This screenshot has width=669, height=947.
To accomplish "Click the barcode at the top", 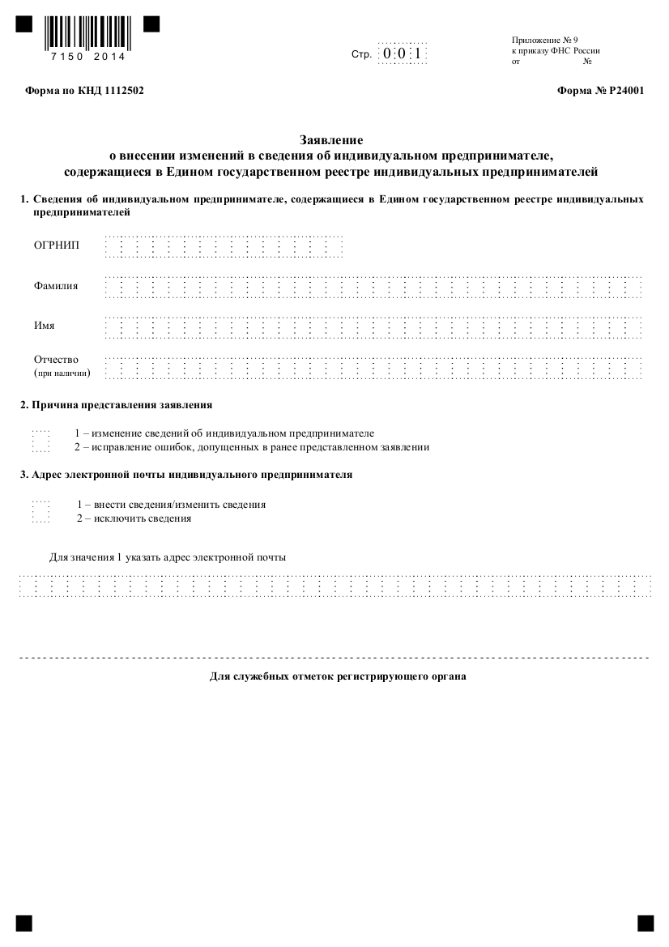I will click(x=85, y=33).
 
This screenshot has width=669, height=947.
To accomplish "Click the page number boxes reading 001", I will click(x=403, y=54).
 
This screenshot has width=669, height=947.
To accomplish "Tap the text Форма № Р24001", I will click(x=600, y=92).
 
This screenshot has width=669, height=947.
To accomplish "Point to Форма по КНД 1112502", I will click(x=85, y=92).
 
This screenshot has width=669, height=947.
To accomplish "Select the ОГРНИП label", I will click(x=57, y=245).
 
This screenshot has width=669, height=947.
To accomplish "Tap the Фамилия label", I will click(x=56, y=286).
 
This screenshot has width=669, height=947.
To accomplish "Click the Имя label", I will click(x=45, y=326).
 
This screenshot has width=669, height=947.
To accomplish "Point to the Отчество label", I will click(x=57, y=359).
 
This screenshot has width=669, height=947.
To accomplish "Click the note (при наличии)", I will click(x=62, y=373).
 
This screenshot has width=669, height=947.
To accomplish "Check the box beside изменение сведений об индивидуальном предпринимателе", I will click(x=41, y=434).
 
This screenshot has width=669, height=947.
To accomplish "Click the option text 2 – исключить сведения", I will click(x=134, y=518).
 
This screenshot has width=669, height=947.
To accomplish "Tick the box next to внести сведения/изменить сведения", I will click(x=41, y=505).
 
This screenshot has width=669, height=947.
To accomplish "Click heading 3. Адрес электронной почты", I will click(x=186, y=475).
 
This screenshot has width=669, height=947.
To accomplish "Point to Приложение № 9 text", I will click(x=545, y=40).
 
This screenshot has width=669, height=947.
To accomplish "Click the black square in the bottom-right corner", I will click(x=645, y=923).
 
